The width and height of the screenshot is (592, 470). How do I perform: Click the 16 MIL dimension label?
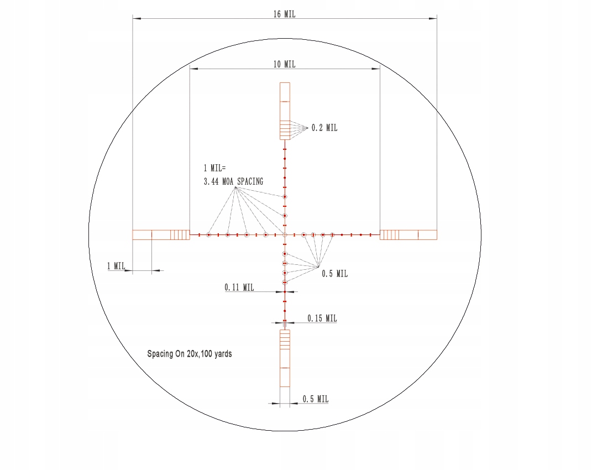click(x=284, y=14)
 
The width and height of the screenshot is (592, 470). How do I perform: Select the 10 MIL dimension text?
click(x=284, y=64)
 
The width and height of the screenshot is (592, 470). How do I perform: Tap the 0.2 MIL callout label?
click(x=324, y=128)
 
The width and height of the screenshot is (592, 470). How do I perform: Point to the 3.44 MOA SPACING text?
click(x=233, y=181)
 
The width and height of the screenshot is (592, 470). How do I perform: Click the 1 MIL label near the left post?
click(x=116, y=266)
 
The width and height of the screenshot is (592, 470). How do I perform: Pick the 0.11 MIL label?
click(x=239, y=288)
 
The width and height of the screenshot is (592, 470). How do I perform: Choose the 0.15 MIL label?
click(x=322, y=318)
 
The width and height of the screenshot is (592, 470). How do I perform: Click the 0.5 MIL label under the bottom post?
click(x=315, y=399)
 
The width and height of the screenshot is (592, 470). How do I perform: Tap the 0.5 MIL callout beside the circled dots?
click(x=334, y=274)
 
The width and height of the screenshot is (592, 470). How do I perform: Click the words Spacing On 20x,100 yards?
click(x=190, y=354)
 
